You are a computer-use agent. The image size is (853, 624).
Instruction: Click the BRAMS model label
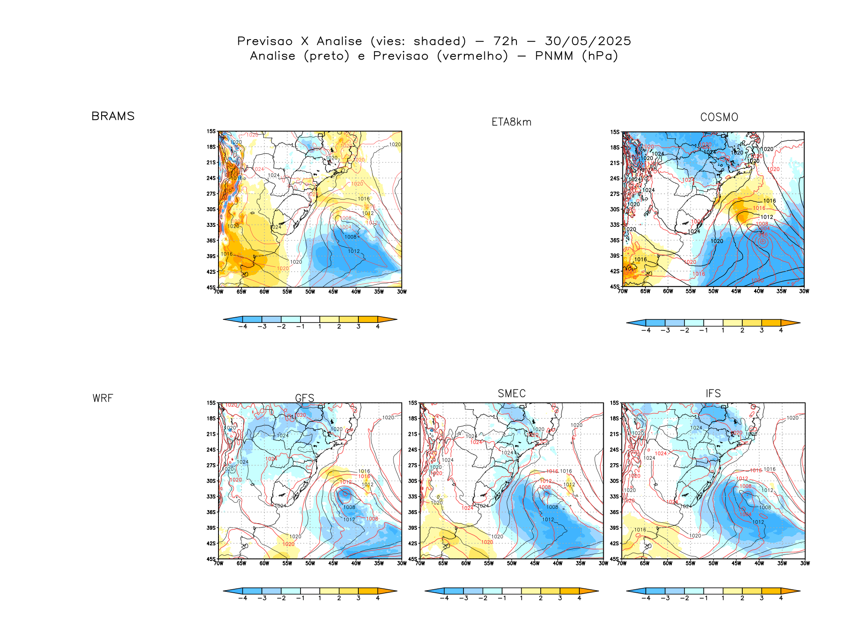tap(113, 116)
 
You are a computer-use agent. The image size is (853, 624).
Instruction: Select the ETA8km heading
tap(511, 122)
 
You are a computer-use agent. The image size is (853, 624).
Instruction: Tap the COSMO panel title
tap(719, 117)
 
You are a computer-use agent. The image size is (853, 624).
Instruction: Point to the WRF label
tap(103, 398)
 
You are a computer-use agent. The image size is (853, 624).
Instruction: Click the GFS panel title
tap(304, 398)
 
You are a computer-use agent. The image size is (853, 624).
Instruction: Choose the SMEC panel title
tap(511, 393)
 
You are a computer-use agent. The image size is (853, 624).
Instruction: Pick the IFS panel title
tap(713, 393)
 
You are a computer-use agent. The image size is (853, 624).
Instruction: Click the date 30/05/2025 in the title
tap(588, 41)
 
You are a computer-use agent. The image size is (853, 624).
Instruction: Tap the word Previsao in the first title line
tap(264, 41)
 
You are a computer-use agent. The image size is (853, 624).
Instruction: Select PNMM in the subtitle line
tap(554, 56)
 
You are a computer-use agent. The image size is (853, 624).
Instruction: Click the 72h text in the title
tap(505, 41)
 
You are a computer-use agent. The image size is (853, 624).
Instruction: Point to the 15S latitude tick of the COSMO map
tap(615, 132)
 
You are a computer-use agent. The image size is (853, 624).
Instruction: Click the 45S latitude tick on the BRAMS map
tap(211, 287)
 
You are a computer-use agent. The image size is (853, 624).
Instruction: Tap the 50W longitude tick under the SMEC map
tap(512, 564)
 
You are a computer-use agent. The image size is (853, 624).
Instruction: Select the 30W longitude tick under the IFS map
tap(805, 564)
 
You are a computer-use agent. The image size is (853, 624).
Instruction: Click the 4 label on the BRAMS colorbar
tap(377, 326)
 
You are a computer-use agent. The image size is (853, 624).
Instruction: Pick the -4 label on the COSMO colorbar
tap(646, 330)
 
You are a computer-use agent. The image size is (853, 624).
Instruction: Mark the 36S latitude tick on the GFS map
tap(211, 512)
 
